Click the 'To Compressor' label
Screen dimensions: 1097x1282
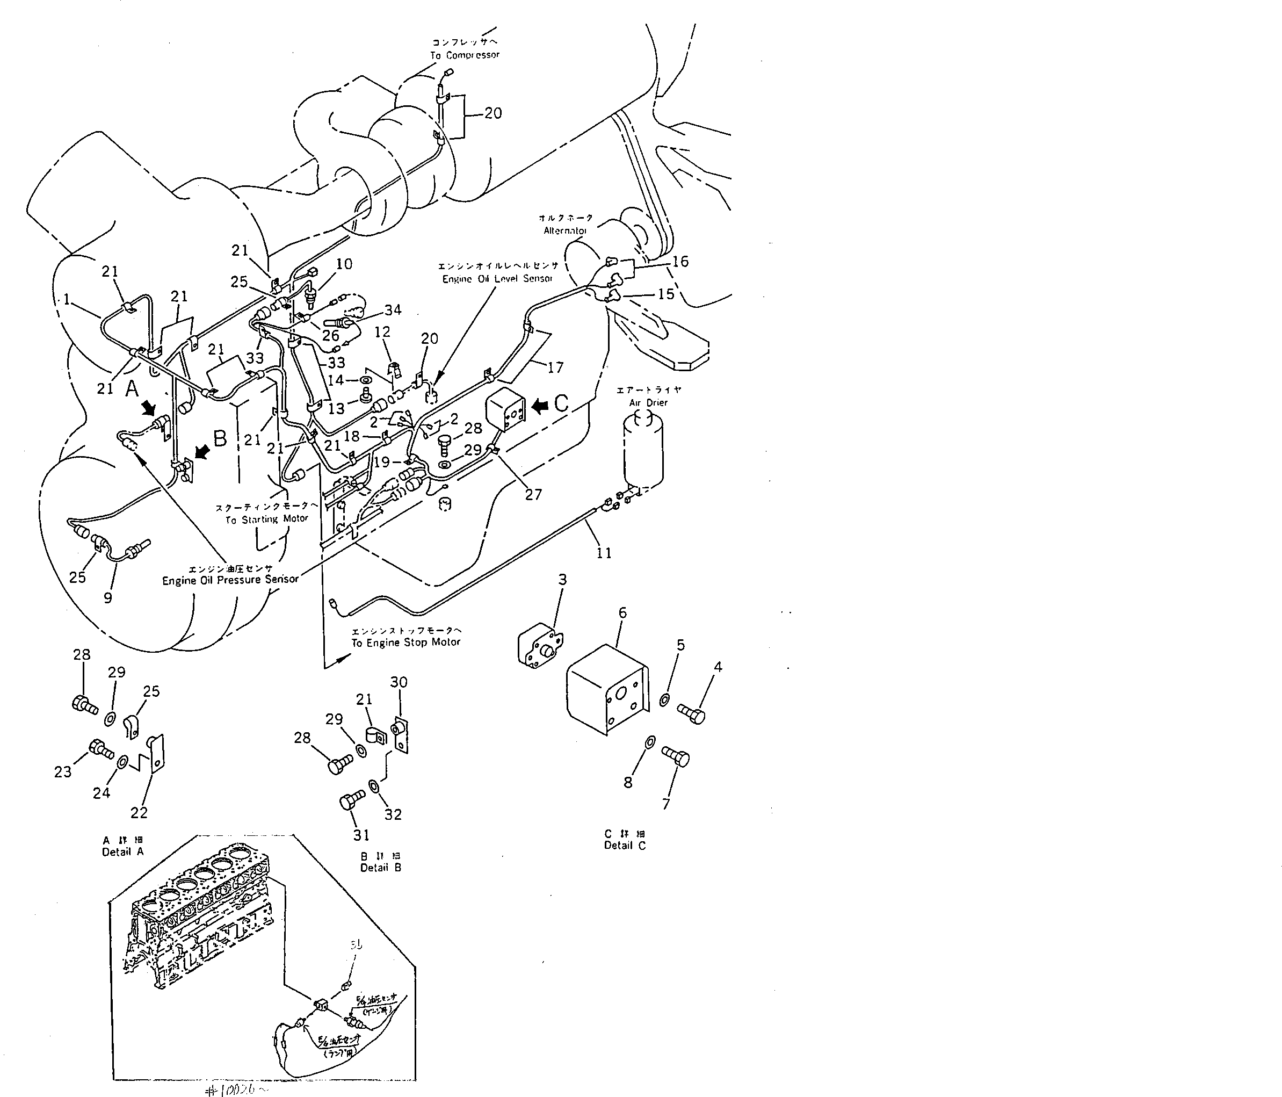click(x=465, y=55)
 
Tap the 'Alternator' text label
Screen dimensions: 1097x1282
click(x=565, y=231)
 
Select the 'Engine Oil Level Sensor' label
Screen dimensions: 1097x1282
click(x=497, y=279)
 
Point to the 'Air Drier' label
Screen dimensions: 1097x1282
click(x=648, y=403)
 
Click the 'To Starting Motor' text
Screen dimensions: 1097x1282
click(x=267, y=519)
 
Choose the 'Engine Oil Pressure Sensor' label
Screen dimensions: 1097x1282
click(x=230, y=580)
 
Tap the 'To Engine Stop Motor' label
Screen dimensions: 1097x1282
click(x=406, y=642)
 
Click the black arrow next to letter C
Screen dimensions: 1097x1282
click(x=540, y=406)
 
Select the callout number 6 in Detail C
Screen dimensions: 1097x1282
click(x=622, y=612)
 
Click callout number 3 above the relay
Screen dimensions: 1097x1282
click(x=562, y=580)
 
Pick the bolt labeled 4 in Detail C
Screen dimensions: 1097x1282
click(x=691, y=713)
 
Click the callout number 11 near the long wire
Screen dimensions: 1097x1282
click(x=604, y=552)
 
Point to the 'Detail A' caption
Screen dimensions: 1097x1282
click(x=122, y=852)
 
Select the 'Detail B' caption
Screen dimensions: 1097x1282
click(x=380, y=868)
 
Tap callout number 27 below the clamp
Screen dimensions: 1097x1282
click(x=533, y=494)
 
